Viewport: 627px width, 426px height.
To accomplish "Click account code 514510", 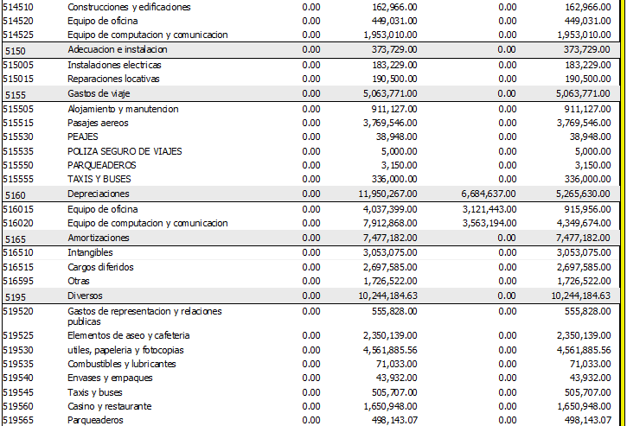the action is pyautogui.click(x=18, y=7).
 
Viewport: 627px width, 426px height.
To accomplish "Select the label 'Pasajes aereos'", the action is pyautogui.click(x=98, y=123).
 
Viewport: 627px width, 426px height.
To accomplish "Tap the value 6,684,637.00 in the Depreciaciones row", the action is pyautogui.click(x=489, y=194).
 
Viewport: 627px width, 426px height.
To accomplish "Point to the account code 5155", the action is pyautogui.click(x=16, y=95).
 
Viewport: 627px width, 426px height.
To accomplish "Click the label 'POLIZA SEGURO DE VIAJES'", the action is pyautogui.click(x=125, y=151).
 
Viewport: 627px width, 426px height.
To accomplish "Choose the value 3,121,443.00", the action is pyautogui.click(x=489, y=209).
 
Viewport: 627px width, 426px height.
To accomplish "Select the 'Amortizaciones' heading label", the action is pyautogui.click(x=99, y=238).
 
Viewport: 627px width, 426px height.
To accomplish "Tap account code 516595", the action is pyautogui.click(x=18, y=281).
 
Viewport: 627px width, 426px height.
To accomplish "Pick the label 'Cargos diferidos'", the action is pyautogui.click(x=100, y=267).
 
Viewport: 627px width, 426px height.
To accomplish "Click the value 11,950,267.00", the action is pyautogui.click(x=388, y=194).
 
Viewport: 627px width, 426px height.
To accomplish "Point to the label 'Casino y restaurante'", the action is pyautogui.click(x=110, y=406).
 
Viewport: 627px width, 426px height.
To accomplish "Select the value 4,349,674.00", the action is pyautogui.click(x=584, y=223).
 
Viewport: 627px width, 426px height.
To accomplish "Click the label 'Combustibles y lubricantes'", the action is pyautogui.click(x=122, y=364).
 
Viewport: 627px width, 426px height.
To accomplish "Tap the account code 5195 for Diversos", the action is pyautogui.click(x=16, y=297).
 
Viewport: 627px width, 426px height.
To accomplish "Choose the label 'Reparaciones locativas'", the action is pyautogui.click(x=113, y=79).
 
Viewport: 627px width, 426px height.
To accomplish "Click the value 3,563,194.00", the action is pyautogui.click(x=489, y=223).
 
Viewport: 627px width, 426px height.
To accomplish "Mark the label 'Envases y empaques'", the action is pyautogui.click(x=110, y=378).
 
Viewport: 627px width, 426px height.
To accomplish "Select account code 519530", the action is pyautogui.click(x=18, y=350).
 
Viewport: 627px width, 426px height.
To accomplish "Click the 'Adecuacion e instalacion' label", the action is pyautogui.click(x=118, y=49).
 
